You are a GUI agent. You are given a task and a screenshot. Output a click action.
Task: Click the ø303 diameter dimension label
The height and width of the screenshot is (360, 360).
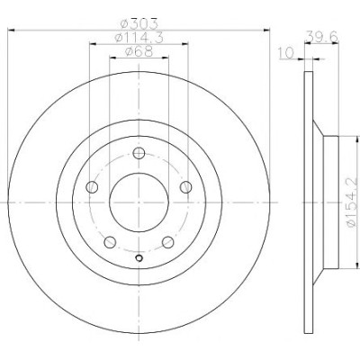pos(139,23)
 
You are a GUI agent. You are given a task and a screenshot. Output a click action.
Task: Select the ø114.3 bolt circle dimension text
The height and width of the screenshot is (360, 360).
pos(139,38)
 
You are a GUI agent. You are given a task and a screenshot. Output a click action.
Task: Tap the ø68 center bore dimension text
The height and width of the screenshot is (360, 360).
pos(139,51)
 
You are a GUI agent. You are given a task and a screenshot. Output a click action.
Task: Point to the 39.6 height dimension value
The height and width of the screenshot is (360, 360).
pos(321,37)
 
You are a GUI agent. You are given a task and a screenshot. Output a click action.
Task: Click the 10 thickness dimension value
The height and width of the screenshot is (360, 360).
pos(286,53)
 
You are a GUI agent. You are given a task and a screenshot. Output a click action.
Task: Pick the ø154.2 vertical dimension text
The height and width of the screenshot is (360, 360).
pos(352,202)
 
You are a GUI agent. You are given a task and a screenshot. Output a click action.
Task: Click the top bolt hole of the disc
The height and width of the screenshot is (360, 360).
pos(139,153)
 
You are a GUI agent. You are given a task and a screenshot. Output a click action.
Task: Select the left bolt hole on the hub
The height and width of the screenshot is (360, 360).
pos(92,187)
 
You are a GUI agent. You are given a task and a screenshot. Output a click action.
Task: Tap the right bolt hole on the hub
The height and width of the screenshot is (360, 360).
pos(185,187)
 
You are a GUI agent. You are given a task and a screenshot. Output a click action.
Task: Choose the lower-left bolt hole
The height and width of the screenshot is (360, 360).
pos(110,242)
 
